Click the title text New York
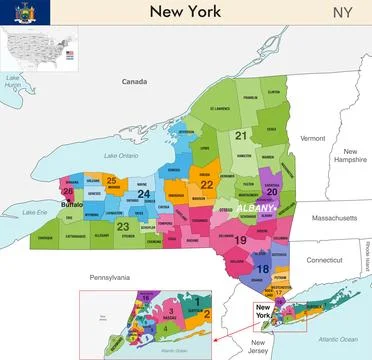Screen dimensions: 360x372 coord(186,12)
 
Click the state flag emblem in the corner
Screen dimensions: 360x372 coord(18,13)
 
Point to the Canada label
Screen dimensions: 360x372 coord(134,81)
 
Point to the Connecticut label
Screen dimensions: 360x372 coord(324,259)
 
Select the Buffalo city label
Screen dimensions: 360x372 coord(72,205)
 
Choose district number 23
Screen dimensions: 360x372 coord(122,227)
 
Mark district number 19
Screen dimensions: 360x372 coord(240,241)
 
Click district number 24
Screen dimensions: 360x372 coord(144,194)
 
